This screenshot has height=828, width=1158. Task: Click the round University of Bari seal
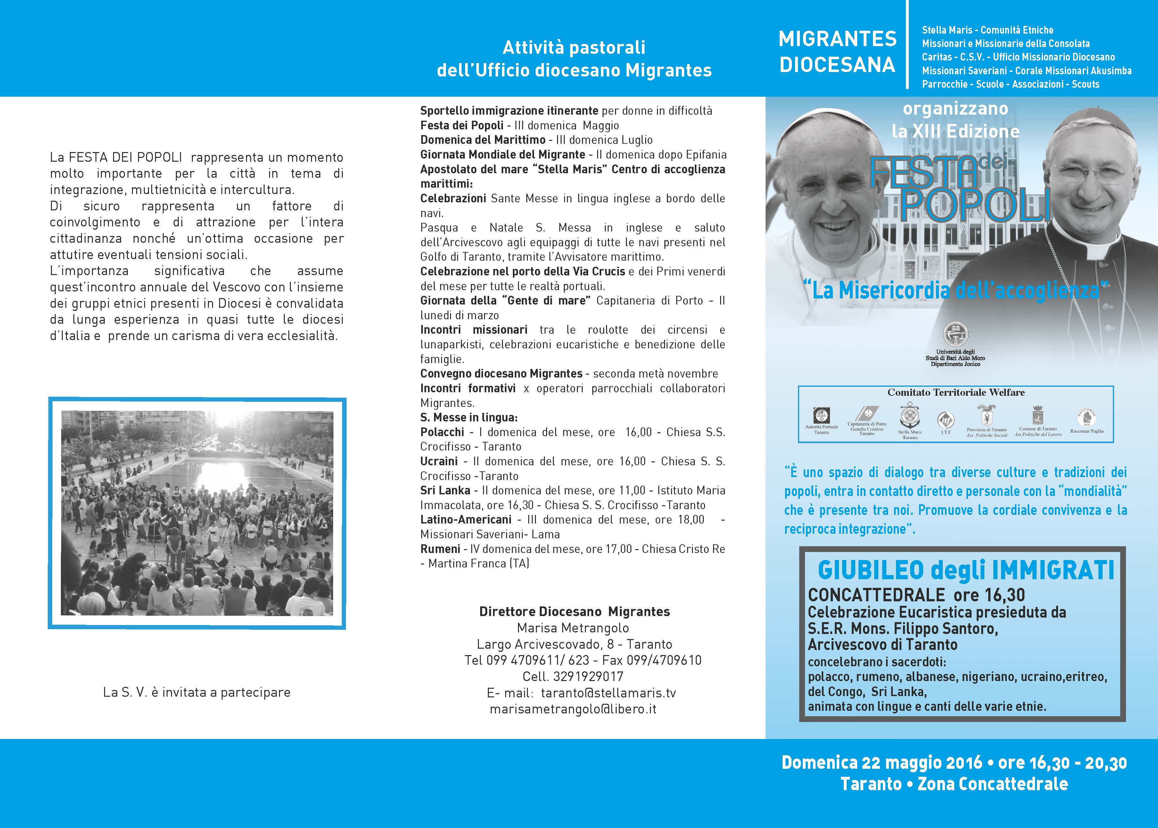coord(955,335)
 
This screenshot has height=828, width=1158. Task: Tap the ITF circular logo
coord(946,420)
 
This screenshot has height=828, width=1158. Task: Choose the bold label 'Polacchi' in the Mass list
coord(442,432)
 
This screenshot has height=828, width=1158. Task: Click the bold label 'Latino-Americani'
coord(466,520)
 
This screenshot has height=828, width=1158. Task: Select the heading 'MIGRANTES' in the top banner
coord(838,39)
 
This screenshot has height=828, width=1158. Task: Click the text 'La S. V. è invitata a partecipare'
coord(197,692)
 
